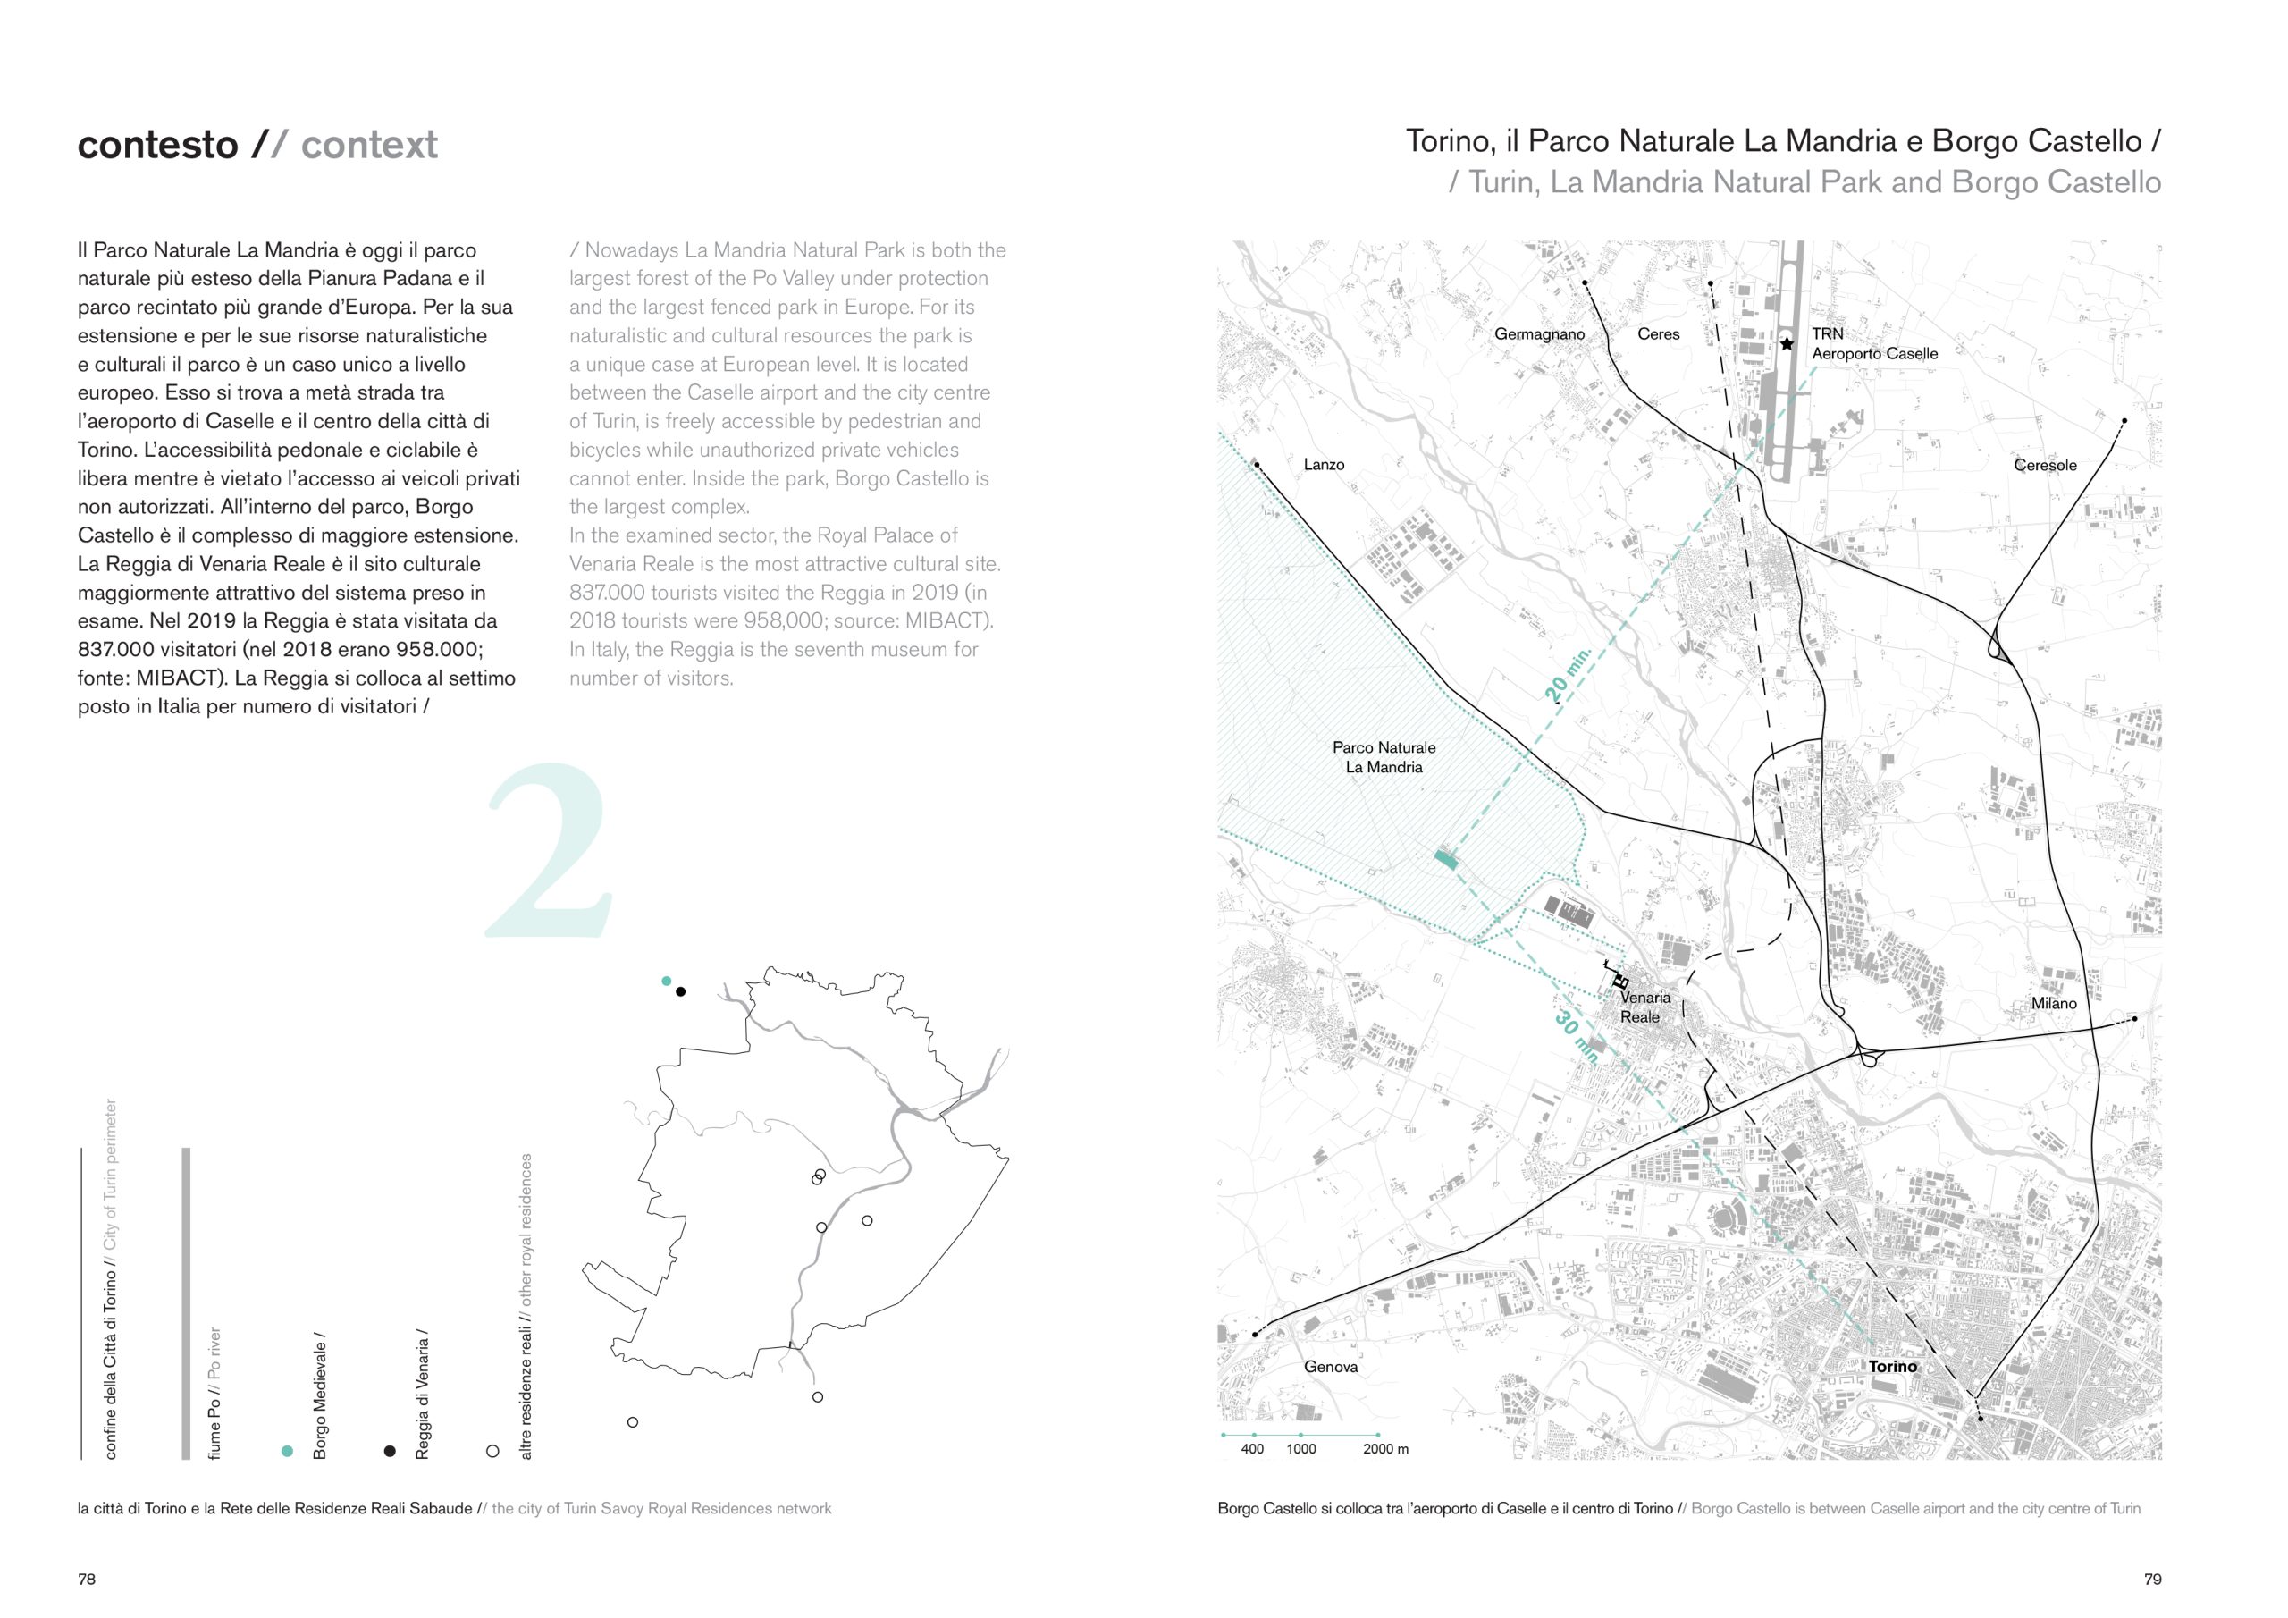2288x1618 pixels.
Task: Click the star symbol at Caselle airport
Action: tap(1787, 344)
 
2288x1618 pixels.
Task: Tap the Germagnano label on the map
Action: tap(1539, 335)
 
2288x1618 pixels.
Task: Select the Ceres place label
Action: tap(1658, 335)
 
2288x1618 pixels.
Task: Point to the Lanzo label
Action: tap(1324, 465)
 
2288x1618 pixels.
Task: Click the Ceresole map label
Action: tap(2045, 466)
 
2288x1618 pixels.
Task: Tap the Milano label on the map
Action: tap(2054, 1004)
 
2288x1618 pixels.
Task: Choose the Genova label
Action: tap(1331, 1367)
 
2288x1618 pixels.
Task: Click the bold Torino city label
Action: tap(1892, 1367)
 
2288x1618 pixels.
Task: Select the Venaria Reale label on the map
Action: tap(1644, 1007)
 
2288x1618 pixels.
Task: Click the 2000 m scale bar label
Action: tap(1385, 1448)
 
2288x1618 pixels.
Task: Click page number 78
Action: tap(87, 1580)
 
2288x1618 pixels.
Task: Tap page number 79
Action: tap(2152, 1580)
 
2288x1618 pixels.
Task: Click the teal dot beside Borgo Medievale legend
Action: tap(288, 1451)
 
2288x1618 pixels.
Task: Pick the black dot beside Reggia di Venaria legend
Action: tap(391, 1451)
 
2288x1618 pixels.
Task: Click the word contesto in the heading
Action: tap(157, 146)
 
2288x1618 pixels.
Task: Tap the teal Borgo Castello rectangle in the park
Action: tap(1444, 857)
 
